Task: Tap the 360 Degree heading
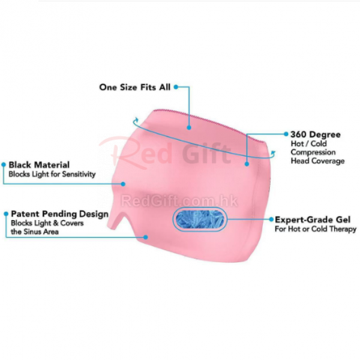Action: (x=316, y=134)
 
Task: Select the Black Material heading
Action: (x=38, y=164)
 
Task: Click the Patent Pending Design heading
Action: (x=59, y=214)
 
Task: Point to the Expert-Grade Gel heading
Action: (x=313, y=220)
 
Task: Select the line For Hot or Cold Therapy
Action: (x=316, y=229)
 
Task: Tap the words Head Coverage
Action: (x=318, y=161)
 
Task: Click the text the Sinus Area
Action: (x=35, y=232)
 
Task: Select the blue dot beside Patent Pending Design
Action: (x=5, y=214)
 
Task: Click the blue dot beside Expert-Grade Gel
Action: (x=271, y=219)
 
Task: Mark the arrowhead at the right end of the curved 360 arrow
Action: (x=274, y=154)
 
